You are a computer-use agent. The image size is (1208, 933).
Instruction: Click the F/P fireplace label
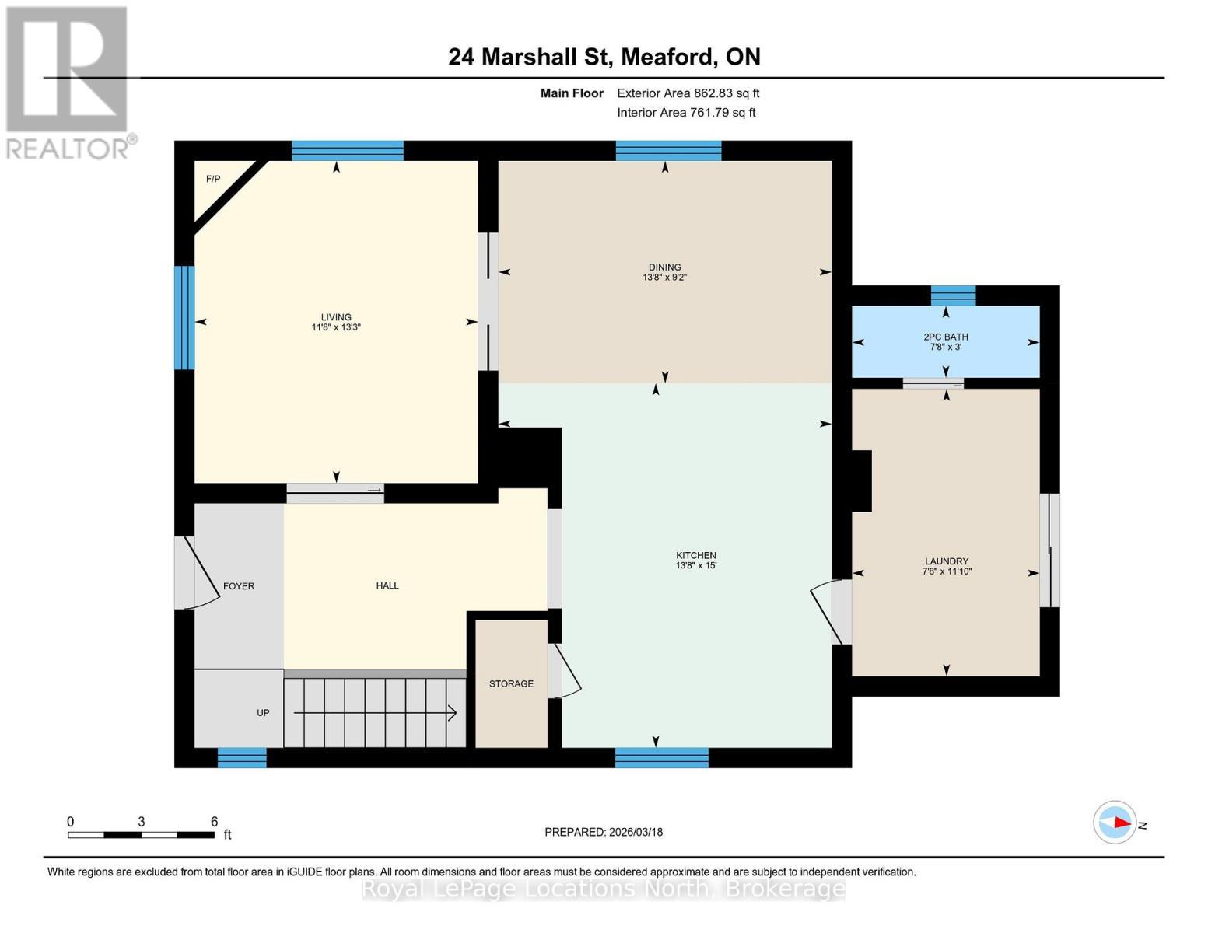pos(212,179)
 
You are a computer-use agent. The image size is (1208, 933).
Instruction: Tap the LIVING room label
pos(336,316)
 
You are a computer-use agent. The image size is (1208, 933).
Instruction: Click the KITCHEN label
pos(695,555)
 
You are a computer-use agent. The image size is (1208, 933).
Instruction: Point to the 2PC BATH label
pos(946,337)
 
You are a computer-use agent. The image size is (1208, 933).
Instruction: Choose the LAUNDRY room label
pos(946,561)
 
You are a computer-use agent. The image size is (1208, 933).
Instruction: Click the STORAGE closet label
pos(511,683)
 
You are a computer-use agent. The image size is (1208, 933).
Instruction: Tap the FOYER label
pos(239,586)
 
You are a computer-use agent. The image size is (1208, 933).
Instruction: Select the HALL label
pos(387,585)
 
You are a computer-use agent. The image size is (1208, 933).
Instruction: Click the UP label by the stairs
pos(263,712)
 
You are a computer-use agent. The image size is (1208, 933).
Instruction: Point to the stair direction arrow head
pos(452,713)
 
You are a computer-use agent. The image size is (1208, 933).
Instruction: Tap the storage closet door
pos(565,671)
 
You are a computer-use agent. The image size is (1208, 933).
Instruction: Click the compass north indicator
pos(1115,823)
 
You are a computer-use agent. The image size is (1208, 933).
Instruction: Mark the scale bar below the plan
pos(141,835)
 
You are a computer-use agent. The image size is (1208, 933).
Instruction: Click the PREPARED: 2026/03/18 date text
pos(604,832)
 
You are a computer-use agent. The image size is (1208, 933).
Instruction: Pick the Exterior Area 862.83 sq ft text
pos(688,93)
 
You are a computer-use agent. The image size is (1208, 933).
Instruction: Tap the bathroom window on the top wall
pos(953,295)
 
